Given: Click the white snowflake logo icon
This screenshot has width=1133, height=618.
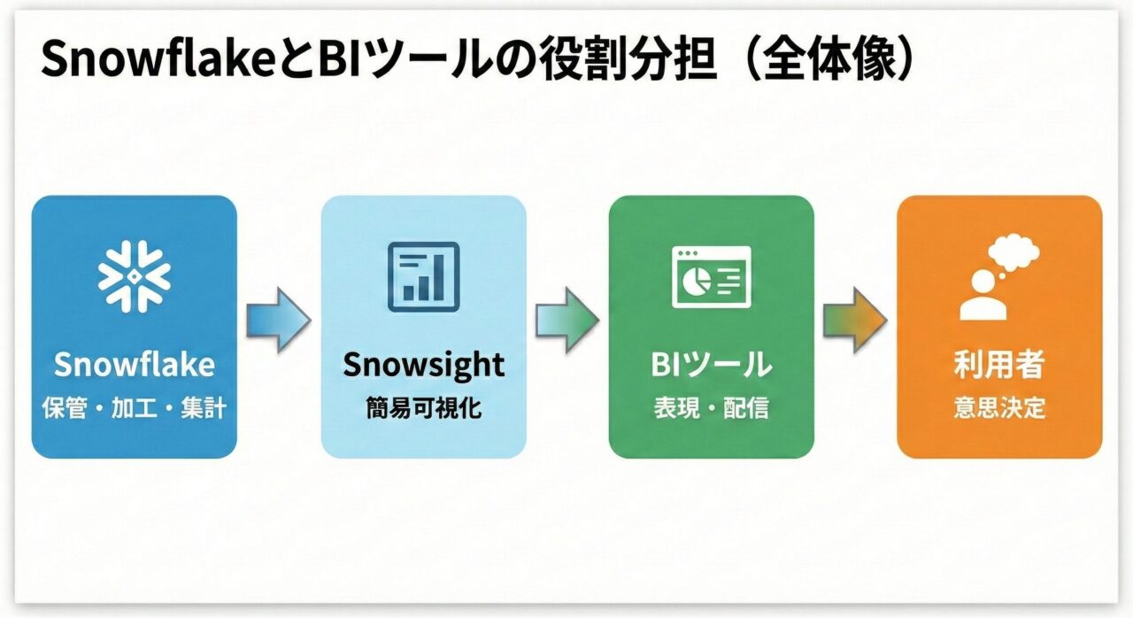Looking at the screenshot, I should [134, 276].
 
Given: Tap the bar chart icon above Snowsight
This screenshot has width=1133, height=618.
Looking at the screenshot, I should [423, 276].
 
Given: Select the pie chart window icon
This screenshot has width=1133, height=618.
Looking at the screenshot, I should [711, 276].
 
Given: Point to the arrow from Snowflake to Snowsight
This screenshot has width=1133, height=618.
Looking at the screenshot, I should [278, 320].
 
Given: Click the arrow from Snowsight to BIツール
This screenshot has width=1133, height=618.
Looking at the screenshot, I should [566, 320].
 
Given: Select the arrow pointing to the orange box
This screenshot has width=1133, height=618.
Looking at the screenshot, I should [855, 320].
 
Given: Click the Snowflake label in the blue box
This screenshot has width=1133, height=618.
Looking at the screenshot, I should [134, 364].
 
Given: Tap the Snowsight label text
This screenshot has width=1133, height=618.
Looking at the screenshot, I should [423, 364].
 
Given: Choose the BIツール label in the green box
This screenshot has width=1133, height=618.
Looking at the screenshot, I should [711, 364].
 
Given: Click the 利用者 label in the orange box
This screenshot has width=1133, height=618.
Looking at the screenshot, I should [999, 364].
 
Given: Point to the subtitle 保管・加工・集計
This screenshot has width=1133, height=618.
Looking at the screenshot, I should [134, 408].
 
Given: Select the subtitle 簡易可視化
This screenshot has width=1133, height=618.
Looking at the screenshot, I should [423, 408].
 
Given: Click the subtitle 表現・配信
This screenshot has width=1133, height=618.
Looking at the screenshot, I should [711, 408].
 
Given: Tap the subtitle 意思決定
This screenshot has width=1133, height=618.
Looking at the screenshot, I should [999, 408].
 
